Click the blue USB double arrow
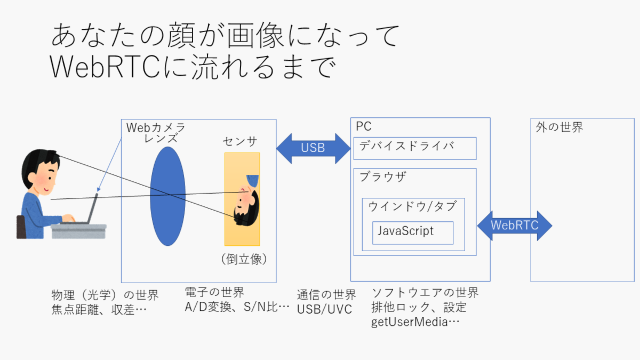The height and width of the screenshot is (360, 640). point(313,148)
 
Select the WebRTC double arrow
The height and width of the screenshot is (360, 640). point(515,226)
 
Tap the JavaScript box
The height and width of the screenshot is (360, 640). point(413,233)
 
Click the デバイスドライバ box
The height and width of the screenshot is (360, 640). point(415,148)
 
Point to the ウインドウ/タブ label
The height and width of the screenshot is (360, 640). point(412,206)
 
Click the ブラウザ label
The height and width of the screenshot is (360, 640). point(382,177)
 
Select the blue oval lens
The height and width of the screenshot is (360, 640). point(167,196)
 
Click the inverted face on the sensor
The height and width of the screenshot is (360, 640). point(246,201)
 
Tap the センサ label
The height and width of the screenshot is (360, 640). point(239,141)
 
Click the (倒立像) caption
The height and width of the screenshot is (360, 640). point(244,259)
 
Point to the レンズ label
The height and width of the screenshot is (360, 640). point(161,138)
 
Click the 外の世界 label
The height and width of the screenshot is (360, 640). point(559,127)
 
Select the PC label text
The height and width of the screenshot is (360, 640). point(363,126)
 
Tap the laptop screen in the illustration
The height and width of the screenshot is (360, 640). point(93,208)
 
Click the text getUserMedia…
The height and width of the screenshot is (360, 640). point(415,322)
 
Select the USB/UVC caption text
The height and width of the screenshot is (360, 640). point(324,309)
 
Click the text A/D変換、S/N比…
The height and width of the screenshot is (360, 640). point(237,307)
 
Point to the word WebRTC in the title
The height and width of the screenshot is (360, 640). point(105,67)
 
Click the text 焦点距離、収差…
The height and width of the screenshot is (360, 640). point(99,309)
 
